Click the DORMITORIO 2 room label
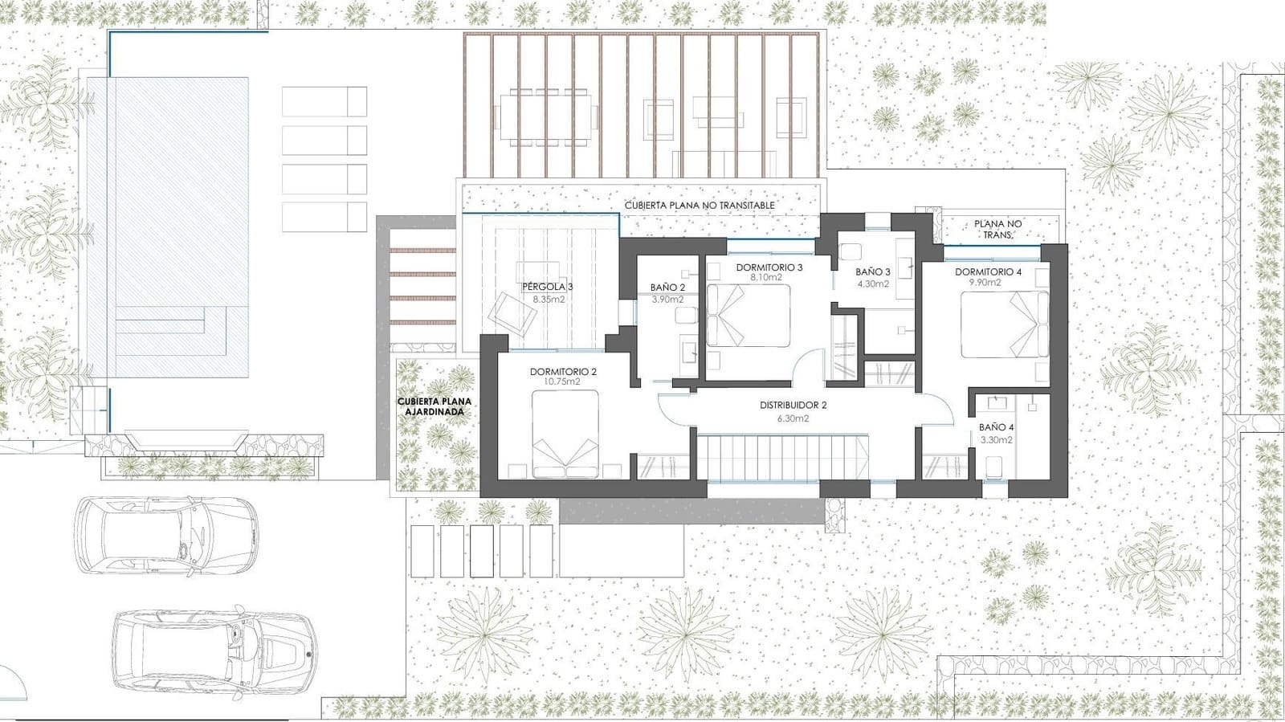[563, 372]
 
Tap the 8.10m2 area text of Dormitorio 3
[765, 277]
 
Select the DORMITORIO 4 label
[988, 272]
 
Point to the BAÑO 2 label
[667, 288]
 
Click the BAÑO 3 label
[873, 272]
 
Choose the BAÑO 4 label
[996, 428]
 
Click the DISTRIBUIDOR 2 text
[793, 406]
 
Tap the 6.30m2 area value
[793, 418]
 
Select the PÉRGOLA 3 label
[548, 287]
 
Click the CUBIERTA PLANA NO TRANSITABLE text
[700, 206]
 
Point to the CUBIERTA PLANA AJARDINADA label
[434, 406]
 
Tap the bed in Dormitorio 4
[1005, 324]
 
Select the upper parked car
[167, 535]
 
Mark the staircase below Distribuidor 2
[783, 458]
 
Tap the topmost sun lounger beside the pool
[324, 101]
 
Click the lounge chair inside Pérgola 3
[515, 313]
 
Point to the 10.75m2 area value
[563, 382]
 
